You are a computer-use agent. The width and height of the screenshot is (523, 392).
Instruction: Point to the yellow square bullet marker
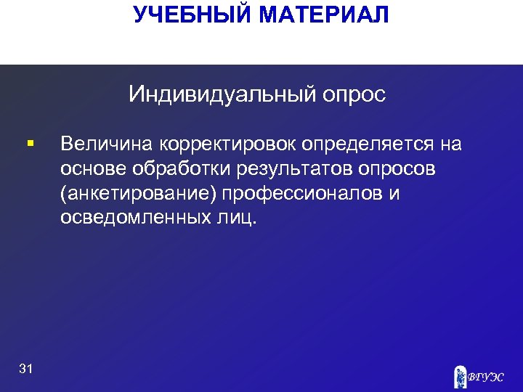(28, 144)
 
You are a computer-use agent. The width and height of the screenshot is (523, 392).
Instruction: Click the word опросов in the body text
(396, 170)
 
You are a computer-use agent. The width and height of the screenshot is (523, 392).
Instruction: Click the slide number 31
(26, 369)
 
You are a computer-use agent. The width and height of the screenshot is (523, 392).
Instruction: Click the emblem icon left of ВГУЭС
(459, 375)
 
